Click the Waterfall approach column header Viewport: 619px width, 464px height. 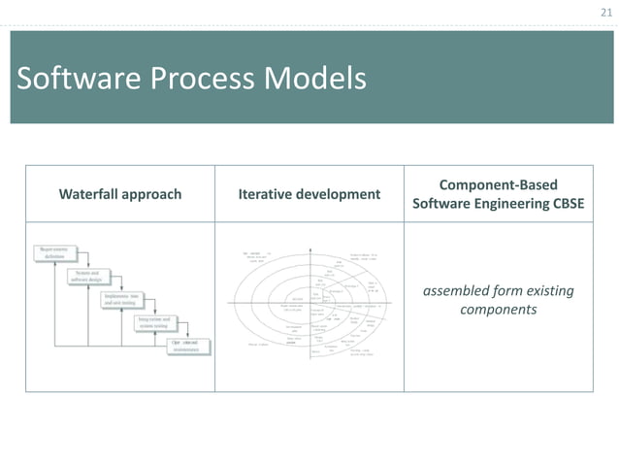(120, 194)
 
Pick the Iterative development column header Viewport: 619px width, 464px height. (309, 194)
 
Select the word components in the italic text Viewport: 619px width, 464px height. (498, 311)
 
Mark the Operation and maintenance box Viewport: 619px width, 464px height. (191, 347)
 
